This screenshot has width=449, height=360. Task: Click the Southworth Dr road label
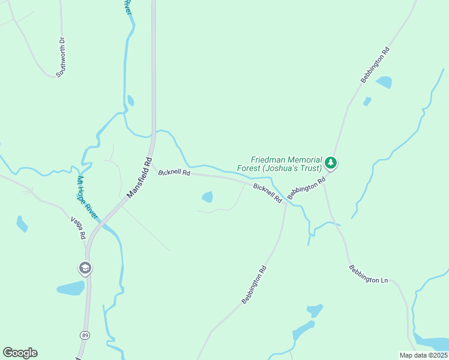tap(61, 58)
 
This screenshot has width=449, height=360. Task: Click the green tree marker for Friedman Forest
tap(330, 163)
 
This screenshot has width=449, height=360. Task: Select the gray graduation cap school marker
tap(85, 268)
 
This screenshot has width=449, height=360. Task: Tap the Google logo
tap(20, 353)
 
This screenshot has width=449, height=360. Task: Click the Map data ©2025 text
tap(423, 355)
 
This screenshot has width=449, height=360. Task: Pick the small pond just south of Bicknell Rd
tap(207, 196)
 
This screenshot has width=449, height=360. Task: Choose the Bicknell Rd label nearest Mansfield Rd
tap(174, 172)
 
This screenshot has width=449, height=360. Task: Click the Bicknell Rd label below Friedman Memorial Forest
tap(268, 193)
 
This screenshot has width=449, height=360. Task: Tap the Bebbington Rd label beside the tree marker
tap(306, 188)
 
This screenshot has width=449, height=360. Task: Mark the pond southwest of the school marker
tap(71, 288)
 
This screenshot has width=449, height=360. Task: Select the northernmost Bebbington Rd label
tap(375, 64)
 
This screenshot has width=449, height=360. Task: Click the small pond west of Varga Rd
tap(22, 224)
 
